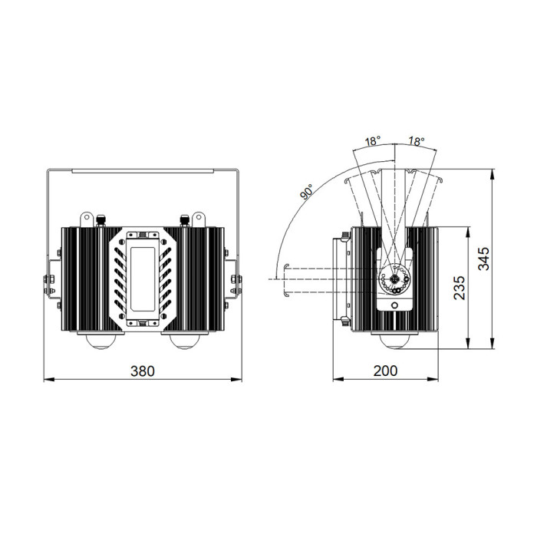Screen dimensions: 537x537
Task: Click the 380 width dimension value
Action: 143,371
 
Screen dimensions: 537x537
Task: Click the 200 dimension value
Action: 385,371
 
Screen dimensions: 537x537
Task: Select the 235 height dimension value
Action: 460,288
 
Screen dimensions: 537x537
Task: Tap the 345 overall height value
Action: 483,259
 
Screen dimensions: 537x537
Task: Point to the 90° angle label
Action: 307,192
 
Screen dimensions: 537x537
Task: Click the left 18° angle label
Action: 373,140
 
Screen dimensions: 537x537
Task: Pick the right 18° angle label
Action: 417,140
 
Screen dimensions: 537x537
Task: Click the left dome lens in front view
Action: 100,341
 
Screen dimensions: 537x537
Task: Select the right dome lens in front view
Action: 185,341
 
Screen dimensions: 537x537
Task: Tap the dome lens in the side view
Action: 394,341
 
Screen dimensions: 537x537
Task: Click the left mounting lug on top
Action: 87,219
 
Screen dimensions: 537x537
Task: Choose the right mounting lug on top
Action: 199,219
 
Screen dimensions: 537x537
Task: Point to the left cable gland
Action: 100,220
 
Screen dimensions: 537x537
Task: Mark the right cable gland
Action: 185,220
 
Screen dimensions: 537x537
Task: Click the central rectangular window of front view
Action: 143,279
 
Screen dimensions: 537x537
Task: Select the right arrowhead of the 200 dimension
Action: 433,379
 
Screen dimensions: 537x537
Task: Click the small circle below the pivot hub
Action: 394,305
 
